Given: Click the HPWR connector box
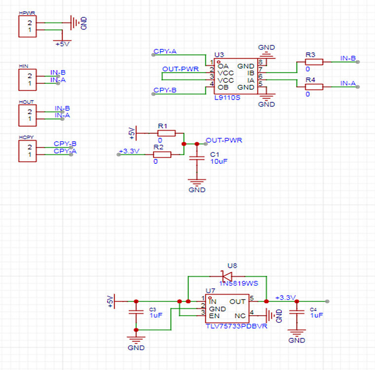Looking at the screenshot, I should pyautogui.click(x=27, y=27).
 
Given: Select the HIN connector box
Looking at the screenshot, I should pyautogui.click(x=27, y=79).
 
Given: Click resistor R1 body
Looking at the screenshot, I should pyautogui.click(x=166, y=133).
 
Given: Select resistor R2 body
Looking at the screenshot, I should pyautogui.click(x=162, y=154).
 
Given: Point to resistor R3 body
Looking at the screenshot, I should pyautogui.click(x=314, y=62).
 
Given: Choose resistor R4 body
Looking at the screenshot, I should pyautogui.click(x=314, y=87).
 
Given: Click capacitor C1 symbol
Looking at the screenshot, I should pyautogui.click(x=197, y=158).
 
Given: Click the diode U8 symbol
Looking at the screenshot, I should pyautogui.click(x=226, y=276).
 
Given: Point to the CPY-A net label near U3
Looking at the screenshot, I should pyautogui.click(x=165, y=51).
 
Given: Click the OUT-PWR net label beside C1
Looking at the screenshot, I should pyautogui.click(x=224, y=141).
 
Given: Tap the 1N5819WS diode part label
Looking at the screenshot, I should pyautogui.click(x=239, y=284).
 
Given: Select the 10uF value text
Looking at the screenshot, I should pyautogui.click(x=219, y=161).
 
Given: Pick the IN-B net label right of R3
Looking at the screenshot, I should pyautogui.click(x=348, y=58).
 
